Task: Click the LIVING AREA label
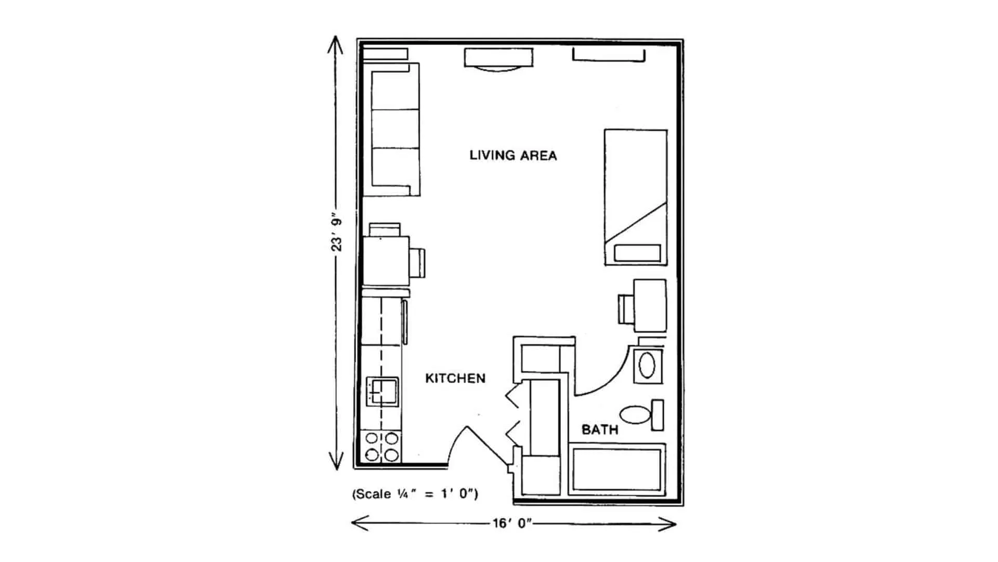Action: pos(513,155)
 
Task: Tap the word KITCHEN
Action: pos(455,378)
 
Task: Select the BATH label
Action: pos(600,430)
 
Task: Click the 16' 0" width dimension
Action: pos(513,523)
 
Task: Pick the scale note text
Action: pos(415,494)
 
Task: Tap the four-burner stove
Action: pos(382,446)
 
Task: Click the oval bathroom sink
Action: pos(647,366)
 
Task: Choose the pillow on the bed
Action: pos(637,253)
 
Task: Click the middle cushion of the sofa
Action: pos(396,129)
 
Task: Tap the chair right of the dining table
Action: pos(418,263)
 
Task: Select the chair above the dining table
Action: pos(385,229)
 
